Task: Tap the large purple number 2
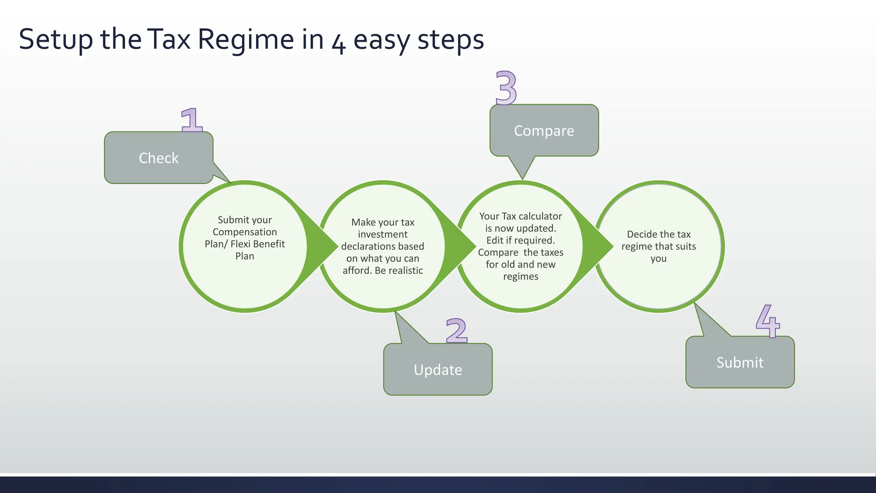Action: tap(456, 330)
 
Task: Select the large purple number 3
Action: tap(506, 88)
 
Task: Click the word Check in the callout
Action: tap(159, 158)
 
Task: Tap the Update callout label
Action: tap(438, 370)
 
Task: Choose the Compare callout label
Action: tap(544, 131)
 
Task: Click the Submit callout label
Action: tap(740, 362)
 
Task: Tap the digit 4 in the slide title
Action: tap(339, 43)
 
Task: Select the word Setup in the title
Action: tap(56, 39)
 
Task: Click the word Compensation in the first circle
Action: tap(245, 232)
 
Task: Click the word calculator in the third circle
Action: tap(540, 216)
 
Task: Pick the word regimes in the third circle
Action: tap(521, 276)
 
